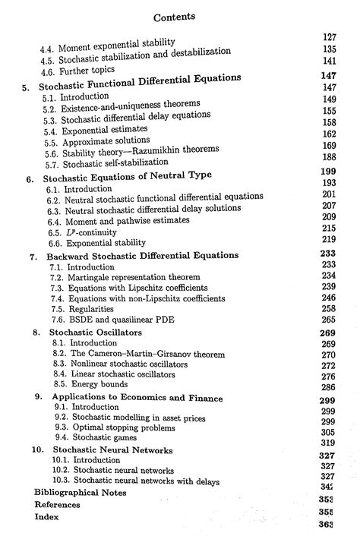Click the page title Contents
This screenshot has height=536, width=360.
click(x=174, y=16)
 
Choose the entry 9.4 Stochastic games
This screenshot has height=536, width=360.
click(x=95, y=437)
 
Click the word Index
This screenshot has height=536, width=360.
click(x=46, y=516)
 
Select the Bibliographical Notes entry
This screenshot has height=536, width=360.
click(x=81, y=492)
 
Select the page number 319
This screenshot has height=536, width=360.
click(x=328, y=443)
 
